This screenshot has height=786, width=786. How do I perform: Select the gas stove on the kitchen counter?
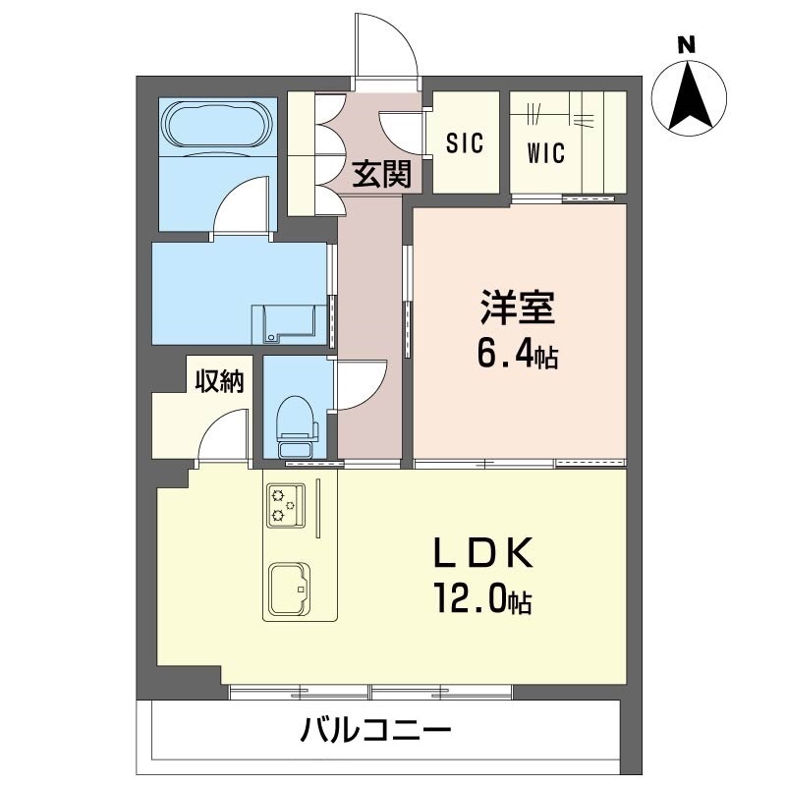[286, 505]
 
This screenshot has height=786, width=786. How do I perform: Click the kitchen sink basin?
[289, 589]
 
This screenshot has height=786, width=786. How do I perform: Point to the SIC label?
[465, 142]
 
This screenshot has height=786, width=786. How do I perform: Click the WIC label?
[546, 153]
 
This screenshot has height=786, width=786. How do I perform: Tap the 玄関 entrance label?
[382, 174]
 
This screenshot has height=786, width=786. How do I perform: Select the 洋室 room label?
[518, 307]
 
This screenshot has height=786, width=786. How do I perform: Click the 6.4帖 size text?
[518, 355]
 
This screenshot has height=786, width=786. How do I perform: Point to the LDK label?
[482, 552]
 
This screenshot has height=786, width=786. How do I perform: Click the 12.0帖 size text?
[483, 597]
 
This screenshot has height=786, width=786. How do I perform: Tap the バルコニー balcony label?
[376, 730]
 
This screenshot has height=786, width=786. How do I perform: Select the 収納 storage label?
[219, 382]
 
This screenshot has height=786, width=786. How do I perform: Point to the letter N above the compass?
[687, 46]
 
